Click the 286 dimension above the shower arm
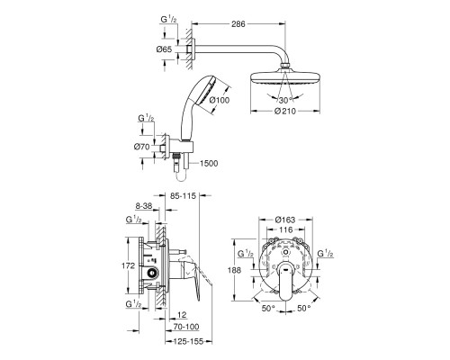[x=238, y=23]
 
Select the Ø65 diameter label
[x=164, y=49]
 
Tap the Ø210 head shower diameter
[x=285, y=111]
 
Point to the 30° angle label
[x=285, y=100]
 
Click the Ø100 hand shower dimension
[x=220, y=100]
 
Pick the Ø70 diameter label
[x=141, y=147]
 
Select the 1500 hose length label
[x=209, y=164]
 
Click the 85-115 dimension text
[x=183, y=196]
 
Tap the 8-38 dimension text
[x=144, y=206]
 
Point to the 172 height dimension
[x=128, y=265]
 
